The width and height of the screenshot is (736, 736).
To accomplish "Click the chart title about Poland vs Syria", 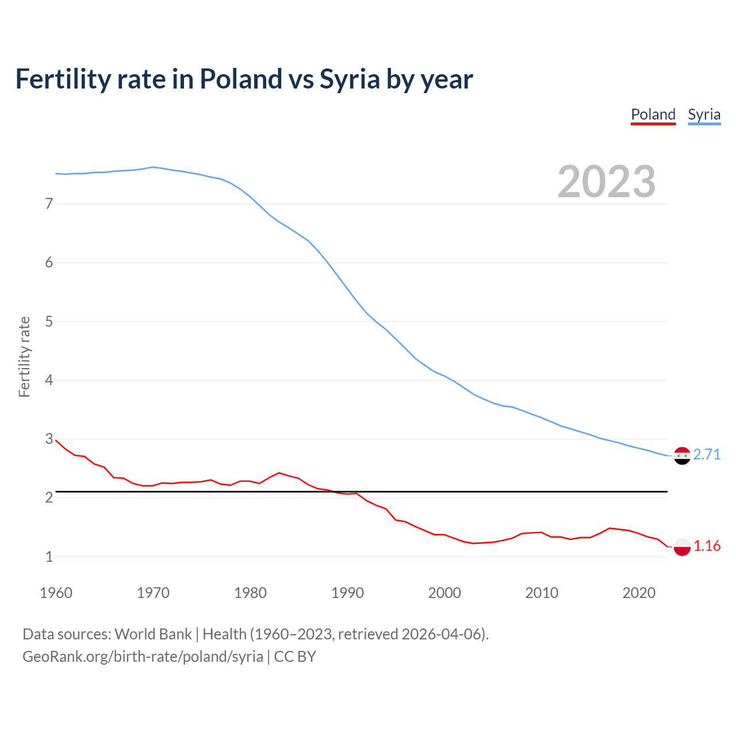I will tap(244, 79).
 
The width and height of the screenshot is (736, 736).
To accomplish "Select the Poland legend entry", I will tap(653, 114).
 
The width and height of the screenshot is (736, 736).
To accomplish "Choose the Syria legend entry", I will tap(704, 114).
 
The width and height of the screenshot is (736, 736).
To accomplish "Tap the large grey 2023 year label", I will tap(606, 182).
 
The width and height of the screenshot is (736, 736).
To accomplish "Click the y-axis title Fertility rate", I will tap(24, 356).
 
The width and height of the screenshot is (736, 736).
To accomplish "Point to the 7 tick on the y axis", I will tap(49, 204).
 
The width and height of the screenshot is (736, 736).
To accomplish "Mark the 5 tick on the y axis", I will tap(49, 321).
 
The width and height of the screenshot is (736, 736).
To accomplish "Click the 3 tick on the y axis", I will tap(49, 439).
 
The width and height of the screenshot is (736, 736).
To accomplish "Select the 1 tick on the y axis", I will tap(49, 557).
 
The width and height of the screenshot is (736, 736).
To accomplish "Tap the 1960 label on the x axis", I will tap(56, 593).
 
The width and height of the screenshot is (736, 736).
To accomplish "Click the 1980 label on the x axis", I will tap(250, 593).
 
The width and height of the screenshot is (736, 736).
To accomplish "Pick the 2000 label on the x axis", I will tap(444, 593).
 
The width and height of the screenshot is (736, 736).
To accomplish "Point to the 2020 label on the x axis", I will tap(639, 593).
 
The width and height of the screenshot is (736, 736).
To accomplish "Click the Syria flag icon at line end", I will tap(682, 455).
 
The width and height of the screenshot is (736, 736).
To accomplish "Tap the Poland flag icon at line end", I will tap(682, 546).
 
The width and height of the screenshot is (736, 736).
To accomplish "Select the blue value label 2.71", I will tap(707, 455).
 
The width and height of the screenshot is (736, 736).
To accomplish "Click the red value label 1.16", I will tap(707, 546).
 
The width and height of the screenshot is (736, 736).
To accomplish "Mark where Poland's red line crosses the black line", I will tap(333, 492).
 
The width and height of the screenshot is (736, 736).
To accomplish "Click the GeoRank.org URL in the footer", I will tap(143, 657).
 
